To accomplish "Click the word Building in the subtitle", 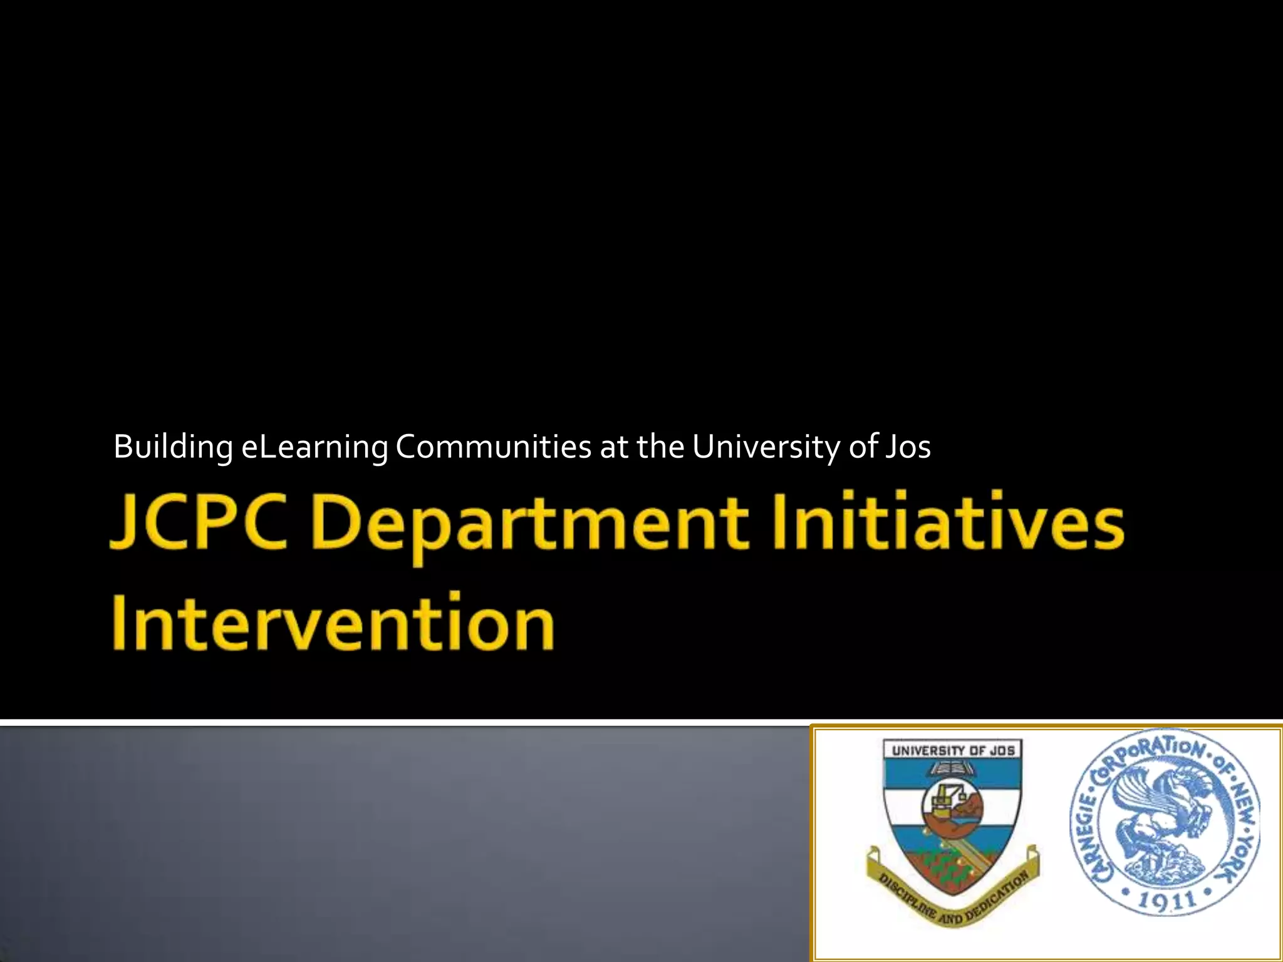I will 173,447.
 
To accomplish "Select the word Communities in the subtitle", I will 493,447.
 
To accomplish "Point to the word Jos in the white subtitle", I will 908,447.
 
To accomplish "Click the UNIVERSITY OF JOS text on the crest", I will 953,750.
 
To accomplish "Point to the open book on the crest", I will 953,768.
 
